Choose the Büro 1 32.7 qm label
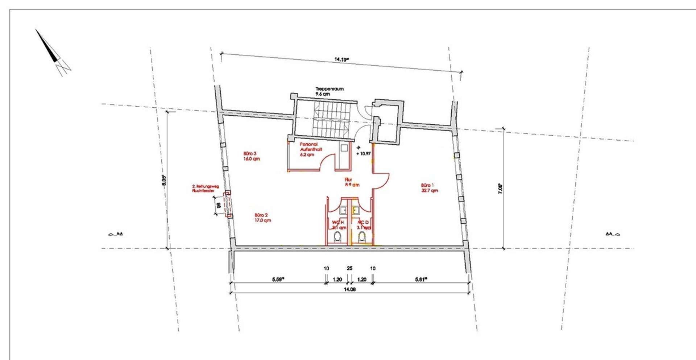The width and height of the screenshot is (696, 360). click(430, 187)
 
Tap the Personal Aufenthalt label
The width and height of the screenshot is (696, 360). click(311, 149)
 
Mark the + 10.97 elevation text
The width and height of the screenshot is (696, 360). click(363, 154)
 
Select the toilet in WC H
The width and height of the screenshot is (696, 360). click(337, 237)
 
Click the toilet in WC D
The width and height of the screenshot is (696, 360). click(362, 237)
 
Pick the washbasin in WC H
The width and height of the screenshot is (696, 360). click(343, 210)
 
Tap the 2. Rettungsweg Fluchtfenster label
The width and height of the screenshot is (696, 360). click(205, 189)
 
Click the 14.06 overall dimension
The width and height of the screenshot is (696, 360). click(349, 290)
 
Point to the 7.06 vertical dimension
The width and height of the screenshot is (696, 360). click(500, 189)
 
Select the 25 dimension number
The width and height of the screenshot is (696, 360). click(349, 269)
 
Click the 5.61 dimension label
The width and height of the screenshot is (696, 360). click(420, 280)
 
